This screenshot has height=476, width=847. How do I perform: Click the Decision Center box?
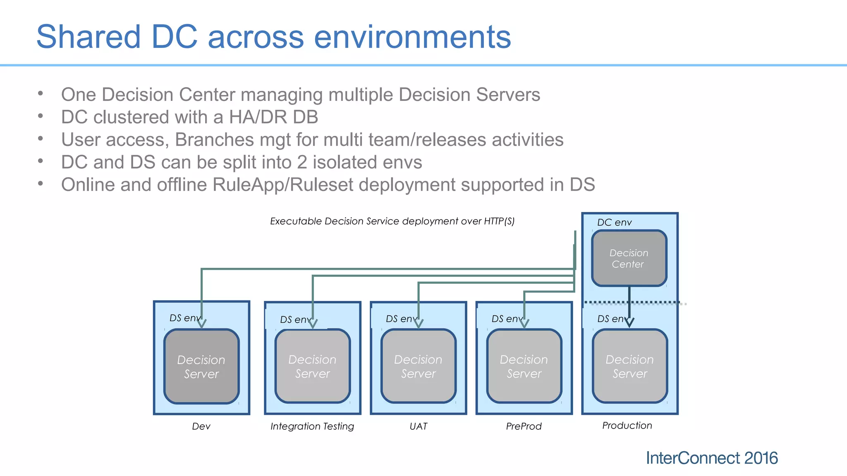(629, 258)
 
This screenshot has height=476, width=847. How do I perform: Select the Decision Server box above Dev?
(201, 367)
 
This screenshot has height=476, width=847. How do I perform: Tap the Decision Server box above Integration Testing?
(312, 367)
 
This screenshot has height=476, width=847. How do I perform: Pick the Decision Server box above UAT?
(418, 367)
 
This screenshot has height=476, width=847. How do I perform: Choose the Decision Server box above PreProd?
(524, 367)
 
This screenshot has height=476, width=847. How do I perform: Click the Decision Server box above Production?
(629, 367)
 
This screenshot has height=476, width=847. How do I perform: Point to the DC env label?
(614, 222)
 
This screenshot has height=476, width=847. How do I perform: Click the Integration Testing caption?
(312, 426)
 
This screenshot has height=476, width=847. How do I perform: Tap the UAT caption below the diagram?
(418, 426)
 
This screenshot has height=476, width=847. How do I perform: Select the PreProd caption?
(524, 426)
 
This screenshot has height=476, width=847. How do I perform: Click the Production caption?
(627, 425)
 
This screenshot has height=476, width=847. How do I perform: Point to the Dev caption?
(201, 426)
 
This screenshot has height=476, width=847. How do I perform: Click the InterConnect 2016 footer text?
(711, 458)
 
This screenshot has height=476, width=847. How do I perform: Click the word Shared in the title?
(89, 37)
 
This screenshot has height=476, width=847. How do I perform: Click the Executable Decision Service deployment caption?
(392, 221)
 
